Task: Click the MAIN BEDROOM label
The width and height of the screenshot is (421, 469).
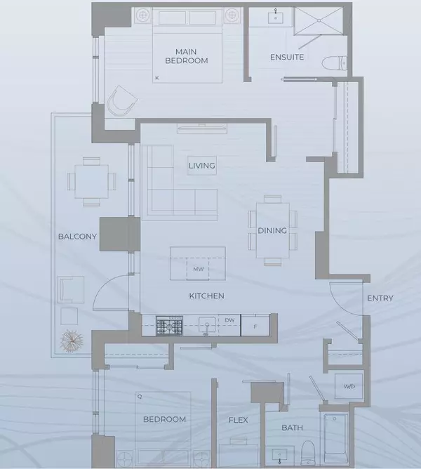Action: coord(192,55)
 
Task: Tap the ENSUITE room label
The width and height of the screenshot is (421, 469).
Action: coord(287,57)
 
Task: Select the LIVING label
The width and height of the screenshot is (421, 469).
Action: coord(201,166)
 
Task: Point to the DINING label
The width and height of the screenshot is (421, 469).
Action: coord(272,230)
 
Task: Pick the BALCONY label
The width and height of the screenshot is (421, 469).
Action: coord(77,236)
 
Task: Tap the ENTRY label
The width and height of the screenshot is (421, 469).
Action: coord(380,298)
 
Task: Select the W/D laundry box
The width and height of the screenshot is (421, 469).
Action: coord(349,387)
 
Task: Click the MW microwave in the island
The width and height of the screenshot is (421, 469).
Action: coord(199,268)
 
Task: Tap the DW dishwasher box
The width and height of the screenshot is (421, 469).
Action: coord(230,321)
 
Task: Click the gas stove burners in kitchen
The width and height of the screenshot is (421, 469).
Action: coord(169,325)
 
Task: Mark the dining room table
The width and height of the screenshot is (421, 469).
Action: coord(272,229)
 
